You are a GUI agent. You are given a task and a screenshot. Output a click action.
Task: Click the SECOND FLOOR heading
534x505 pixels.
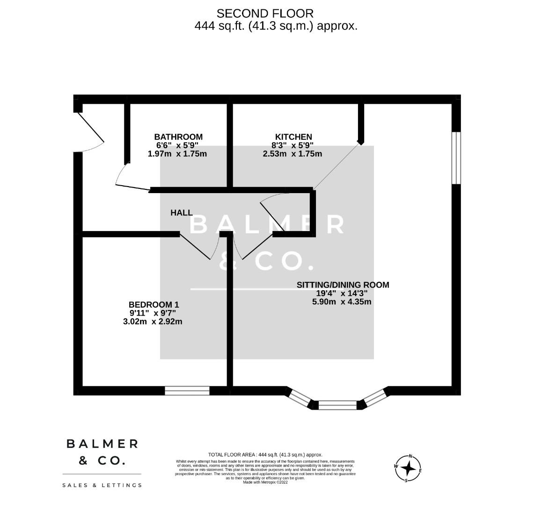coord(265,14)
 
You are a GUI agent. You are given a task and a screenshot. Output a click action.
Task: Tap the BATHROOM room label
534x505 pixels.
coord(178,137)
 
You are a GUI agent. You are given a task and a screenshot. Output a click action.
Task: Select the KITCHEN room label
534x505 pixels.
coord(293,137)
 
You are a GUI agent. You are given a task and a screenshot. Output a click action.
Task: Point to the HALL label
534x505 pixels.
coord(181,213)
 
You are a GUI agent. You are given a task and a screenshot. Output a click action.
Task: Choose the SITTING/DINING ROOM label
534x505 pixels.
coord(343,285)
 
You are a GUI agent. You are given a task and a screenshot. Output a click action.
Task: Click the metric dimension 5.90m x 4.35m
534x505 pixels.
coord(342,302)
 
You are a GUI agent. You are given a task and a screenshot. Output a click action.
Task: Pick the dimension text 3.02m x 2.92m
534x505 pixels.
coord(153,321)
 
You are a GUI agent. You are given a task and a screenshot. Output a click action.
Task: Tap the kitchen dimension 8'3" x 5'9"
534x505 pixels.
coord(293,145)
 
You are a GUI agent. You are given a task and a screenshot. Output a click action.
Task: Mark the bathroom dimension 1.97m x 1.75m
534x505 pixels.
coord(177,154)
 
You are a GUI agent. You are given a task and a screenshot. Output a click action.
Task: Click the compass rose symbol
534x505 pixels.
coord(408,468)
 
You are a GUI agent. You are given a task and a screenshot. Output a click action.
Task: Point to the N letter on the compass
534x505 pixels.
coord(410,456)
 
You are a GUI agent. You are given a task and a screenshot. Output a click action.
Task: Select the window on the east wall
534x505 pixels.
coord(456,158)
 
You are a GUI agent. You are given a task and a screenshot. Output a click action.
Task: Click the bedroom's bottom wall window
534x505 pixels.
coord(187,390)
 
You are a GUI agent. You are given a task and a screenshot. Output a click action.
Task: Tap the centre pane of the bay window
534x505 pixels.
coord(337,405)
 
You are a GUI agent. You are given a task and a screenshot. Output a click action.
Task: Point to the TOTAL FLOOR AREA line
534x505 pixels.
coord(265,454)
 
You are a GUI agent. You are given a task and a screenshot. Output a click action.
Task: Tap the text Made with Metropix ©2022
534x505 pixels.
coord(265,482)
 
